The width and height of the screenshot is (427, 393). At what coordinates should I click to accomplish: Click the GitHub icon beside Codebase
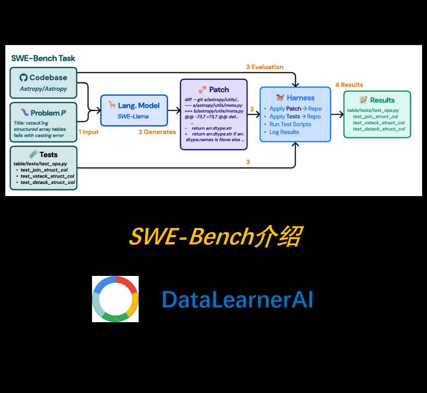23,77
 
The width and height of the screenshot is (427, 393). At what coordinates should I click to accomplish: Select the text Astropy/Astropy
43,88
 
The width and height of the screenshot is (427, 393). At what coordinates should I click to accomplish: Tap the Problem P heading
48,113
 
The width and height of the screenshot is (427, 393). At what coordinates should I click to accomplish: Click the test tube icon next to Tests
33,154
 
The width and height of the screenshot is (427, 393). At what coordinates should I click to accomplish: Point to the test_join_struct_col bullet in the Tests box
44,169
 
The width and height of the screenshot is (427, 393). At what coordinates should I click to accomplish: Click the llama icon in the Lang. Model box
112,105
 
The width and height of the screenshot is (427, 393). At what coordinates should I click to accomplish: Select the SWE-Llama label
133,116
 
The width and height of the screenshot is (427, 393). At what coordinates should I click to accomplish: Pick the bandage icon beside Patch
202,90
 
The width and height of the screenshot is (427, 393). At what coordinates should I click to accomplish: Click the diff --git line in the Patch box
211,99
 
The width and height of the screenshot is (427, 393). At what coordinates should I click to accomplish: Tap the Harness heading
301,98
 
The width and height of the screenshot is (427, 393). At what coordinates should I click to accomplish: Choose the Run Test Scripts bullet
290,124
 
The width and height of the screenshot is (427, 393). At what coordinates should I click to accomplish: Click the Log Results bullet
284,132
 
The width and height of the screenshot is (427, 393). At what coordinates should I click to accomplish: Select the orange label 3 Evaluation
265,67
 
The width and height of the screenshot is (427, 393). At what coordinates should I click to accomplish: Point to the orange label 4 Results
349,85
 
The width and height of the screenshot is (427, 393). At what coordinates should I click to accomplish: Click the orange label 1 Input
89,132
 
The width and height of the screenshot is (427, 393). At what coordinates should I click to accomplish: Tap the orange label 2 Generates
157,132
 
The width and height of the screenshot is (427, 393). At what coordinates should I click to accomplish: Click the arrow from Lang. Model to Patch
174,110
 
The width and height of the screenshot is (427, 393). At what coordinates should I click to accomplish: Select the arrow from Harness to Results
337,115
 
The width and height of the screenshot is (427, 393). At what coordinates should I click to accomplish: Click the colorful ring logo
115,299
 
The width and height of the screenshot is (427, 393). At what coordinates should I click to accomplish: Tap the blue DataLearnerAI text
237,300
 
